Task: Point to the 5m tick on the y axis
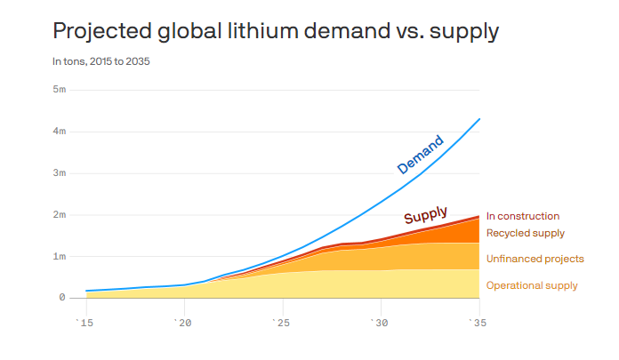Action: [60, 89]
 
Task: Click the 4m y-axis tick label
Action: [60, 131]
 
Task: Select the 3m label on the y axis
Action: [60, 172]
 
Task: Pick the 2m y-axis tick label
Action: [60, 214]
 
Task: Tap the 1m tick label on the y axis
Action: [60, 256]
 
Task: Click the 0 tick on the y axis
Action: [62, 298]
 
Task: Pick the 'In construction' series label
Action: [523, 216]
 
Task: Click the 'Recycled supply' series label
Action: [526, 233]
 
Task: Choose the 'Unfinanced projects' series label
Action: [535, 259]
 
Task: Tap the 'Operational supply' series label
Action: [532, 285]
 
